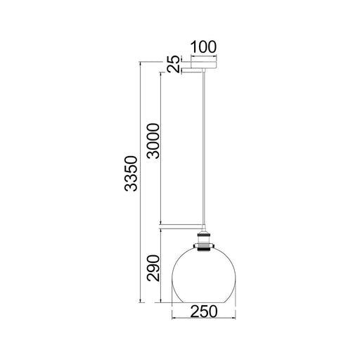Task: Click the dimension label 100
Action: pos(203,47)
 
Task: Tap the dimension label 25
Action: pos(174,63)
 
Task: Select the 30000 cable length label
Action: pos(153,141)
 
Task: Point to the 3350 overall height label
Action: pos(131,174)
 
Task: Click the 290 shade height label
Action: pos(153,268)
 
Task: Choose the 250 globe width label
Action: pos(204,311)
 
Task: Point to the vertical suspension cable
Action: pos(204,148)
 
